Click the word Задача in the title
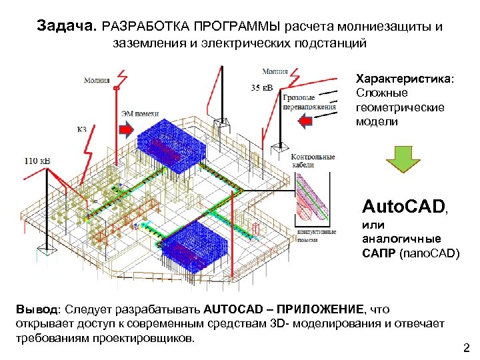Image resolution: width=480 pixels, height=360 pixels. (67, 27)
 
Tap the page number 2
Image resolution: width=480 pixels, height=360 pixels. (466, 347)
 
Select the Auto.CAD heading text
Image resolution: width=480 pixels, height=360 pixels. (402, 205)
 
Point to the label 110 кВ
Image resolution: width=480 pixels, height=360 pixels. (37, 161)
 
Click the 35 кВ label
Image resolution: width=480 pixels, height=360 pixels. (262, 87)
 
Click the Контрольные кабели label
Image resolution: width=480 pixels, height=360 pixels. (312, 161)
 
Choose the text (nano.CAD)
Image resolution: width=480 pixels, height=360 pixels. (429, 253)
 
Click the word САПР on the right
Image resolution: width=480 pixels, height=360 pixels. (378, 253)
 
